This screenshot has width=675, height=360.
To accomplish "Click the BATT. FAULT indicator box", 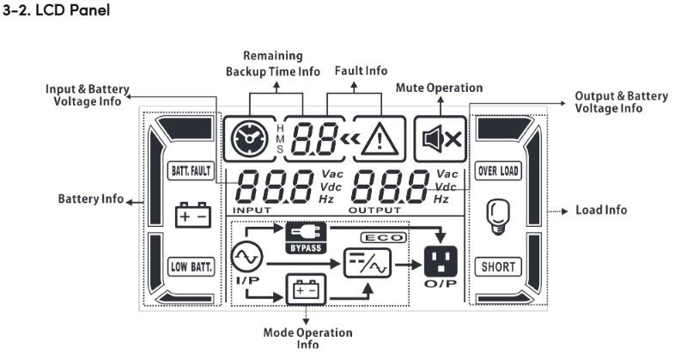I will pos(187,170).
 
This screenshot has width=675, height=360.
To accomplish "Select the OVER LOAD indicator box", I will pos(498,170).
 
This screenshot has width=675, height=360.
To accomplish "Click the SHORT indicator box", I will pos(498,266).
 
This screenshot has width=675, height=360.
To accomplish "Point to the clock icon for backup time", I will pos(249,137).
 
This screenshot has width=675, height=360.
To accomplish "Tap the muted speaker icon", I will pos(440,137).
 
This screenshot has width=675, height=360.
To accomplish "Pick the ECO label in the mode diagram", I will pos(384,236).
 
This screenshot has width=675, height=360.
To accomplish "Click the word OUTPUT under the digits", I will pos(374,210).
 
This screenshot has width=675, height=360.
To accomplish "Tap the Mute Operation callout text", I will pos(438,88).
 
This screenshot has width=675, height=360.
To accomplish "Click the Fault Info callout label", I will pos(360,70).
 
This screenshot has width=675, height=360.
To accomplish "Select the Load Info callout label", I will pos(601,210).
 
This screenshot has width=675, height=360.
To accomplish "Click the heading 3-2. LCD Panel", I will pos(57,14).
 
